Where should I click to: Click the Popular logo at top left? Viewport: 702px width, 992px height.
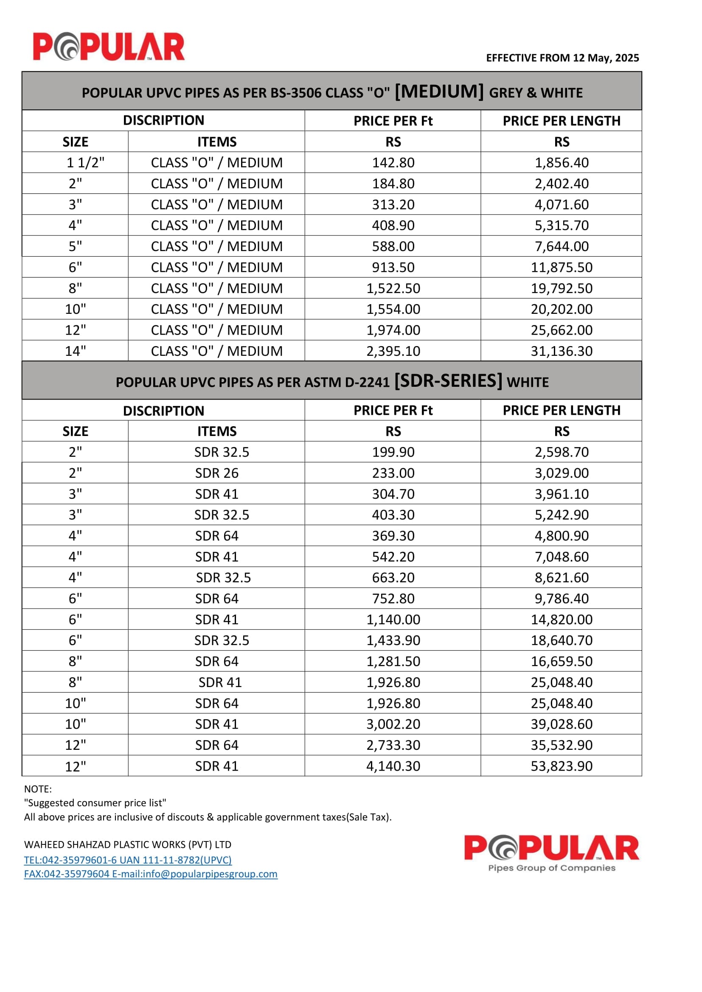[109, 47]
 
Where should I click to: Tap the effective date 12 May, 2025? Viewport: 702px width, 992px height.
[606, 58]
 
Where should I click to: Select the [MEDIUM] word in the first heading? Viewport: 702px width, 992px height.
[439, 91]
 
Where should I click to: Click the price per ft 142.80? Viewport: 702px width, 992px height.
[393, 162]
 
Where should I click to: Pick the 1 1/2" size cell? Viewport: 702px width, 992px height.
[85, 162]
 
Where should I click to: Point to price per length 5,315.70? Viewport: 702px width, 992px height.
[562, 225]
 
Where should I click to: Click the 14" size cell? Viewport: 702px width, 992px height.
[75, 351]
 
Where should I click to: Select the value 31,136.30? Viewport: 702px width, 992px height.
[562, 351]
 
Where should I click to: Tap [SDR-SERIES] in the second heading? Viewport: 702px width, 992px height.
[448, 380]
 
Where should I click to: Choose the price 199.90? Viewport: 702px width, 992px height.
[393, 452]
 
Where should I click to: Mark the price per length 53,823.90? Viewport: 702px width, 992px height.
[562, 766]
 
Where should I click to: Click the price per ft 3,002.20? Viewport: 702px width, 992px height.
[393, 724]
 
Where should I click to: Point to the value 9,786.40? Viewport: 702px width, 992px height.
[562, 598]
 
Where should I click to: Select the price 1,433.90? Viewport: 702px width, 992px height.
[393, 640]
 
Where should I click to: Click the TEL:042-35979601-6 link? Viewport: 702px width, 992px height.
[127, 860]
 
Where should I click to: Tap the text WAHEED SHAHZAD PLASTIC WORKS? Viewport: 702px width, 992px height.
[127, 845]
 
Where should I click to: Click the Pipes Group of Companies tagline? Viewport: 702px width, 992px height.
[552, 868]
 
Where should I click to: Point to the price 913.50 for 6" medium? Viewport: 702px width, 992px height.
[393, 267]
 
